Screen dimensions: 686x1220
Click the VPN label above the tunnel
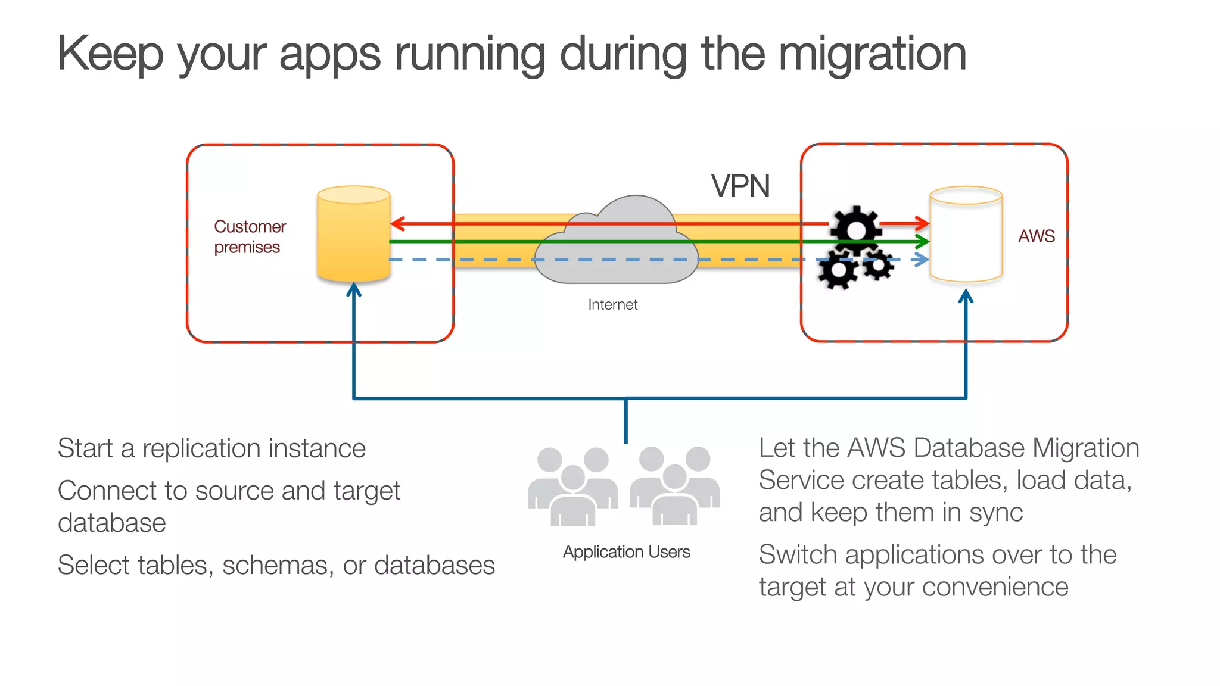(x=740, y=186)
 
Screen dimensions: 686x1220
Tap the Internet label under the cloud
(x=612, y=305)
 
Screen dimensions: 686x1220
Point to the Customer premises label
(x=249, y=236)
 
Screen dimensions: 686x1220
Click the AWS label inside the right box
(x=1036, y=236)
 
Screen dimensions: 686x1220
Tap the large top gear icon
(x=855, y=230)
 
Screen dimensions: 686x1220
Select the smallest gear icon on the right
(x=878, y=265)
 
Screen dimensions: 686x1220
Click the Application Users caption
(x=626, y=552)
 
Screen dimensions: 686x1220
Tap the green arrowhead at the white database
(x=923, y=242)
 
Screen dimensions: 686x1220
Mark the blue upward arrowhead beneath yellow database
(x=354, y=289)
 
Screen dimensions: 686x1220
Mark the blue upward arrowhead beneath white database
(x=966, y=296)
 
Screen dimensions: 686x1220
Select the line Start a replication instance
(x=211, y=448)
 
